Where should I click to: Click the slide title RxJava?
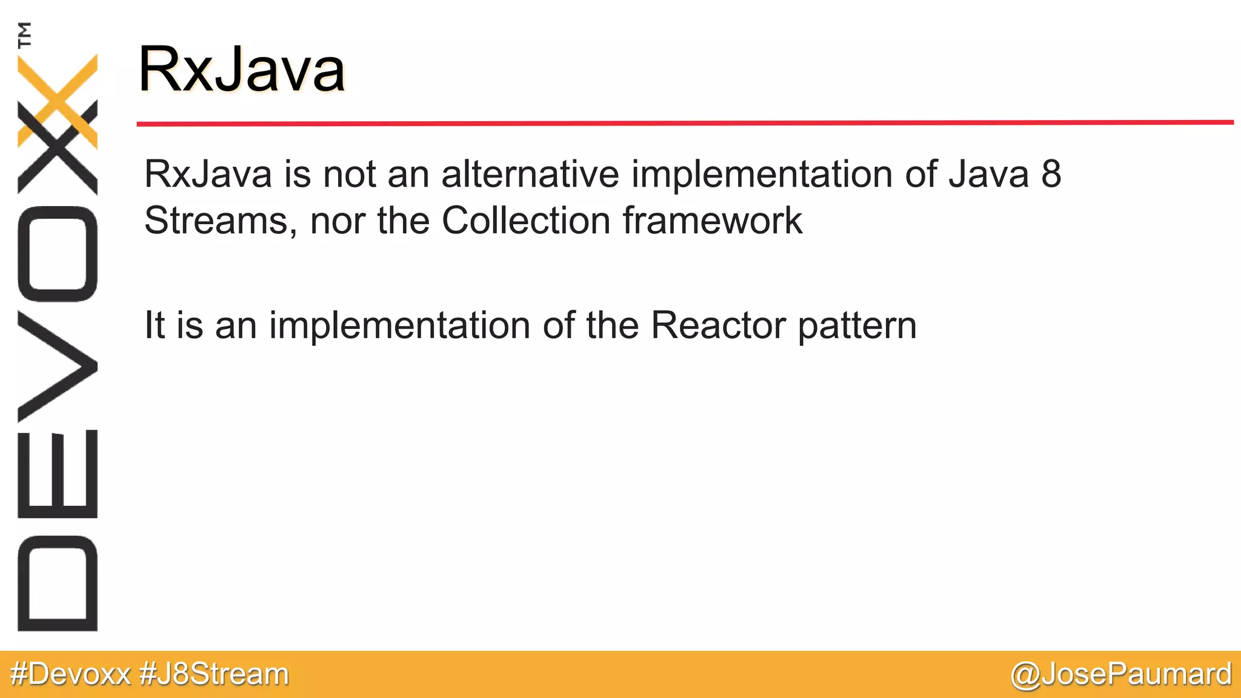coord(241,70)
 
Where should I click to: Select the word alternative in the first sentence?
coord(530,174)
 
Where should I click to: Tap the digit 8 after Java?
coord(1051,174)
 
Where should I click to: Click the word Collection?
coord(525,220)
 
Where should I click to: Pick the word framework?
coord(712,220)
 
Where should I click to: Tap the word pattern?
coord(857,327)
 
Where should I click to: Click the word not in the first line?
coord(349,174)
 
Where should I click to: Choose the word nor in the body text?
coord(338,221)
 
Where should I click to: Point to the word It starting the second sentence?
coord(155,325)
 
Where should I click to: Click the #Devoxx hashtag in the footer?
coord(70,674)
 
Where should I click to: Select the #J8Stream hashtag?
coord(214,674)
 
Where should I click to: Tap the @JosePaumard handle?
coord(1121,674)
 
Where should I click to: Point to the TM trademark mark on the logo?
coord(25,35)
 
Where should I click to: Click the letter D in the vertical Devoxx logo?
coord(58,583)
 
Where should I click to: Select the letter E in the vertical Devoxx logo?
coord(58,474)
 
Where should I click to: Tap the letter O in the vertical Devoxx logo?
coord(58,254)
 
